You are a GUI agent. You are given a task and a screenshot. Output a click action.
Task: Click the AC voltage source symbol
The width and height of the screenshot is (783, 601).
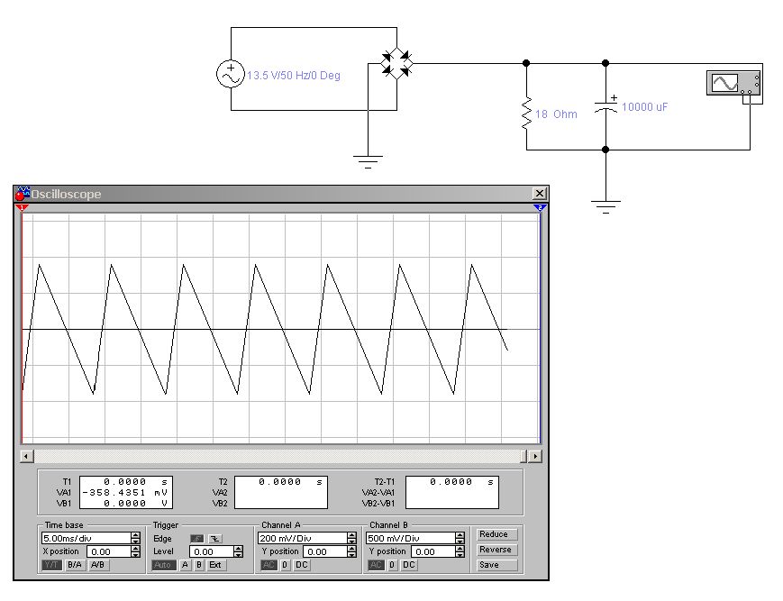click(230, 74)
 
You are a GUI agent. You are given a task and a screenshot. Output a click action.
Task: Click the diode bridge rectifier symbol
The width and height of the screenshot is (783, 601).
click(397, 63)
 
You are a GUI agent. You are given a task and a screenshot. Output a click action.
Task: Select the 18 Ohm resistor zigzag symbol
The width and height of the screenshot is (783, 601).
click(526, 114)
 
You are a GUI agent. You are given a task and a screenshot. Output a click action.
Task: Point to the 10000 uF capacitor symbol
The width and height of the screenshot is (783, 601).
click(605, 106)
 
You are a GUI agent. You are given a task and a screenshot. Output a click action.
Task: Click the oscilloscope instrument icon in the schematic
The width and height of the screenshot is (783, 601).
click(734, 83)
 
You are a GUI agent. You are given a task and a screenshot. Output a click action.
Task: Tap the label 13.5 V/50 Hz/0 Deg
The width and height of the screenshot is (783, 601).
click(294, 76)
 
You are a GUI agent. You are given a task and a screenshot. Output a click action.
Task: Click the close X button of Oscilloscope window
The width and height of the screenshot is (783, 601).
click(540, 194)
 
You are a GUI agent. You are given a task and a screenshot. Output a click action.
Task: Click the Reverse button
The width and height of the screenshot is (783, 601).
click(495, 550)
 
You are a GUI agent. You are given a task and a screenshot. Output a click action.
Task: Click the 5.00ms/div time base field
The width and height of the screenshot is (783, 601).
click(86, 538)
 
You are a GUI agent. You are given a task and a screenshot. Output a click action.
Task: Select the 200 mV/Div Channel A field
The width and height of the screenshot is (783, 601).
click(302, 538)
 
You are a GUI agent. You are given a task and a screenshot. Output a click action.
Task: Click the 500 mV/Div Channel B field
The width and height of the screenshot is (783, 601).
click(411, 538)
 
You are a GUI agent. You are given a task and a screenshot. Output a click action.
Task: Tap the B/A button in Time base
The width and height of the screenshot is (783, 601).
click(75, 565)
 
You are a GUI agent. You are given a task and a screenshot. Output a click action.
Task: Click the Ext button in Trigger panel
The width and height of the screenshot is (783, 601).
click(215, 565)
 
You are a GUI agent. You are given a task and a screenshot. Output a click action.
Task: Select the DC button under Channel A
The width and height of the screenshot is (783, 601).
click(301, 565)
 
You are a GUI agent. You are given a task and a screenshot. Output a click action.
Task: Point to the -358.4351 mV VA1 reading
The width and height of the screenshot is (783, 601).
click(125, 493)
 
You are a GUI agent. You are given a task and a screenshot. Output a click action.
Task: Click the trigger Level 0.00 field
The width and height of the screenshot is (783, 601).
click(211, 551)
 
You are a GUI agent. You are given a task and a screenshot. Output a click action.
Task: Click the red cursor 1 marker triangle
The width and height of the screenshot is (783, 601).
click(22, 207)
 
